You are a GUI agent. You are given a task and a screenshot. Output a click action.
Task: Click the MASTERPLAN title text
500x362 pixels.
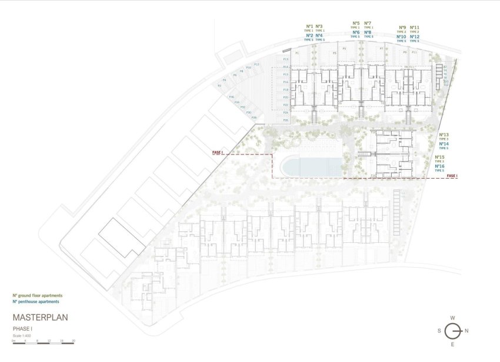click(40, 317)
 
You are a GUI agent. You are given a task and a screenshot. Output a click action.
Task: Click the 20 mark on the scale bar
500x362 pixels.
click(73, 341)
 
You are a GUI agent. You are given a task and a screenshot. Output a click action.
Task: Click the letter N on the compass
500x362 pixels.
click(466, 330)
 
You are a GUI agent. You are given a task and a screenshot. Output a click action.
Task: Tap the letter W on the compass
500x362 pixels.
click(452, 318)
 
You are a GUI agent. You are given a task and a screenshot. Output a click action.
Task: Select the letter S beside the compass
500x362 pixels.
click(439, 330)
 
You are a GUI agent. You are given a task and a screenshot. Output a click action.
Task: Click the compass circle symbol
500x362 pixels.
click(452, 330)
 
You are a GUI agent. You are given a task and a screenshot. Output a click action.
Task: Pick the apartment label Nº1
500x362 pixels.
click(309, 26)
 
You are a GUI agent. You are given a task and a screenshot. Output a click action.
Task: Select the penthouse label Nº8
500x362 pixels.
click(367, 32)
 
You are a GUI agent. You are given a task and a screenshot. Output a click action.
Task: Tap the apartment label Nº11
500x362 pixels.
click(415, 27)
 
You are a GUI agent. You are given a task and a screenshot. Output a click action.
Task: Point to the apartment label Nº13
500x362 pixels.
click(444, 134)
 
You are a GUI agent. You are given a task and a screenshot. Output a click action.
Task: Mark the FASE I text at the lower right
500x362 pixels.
click(452, 176)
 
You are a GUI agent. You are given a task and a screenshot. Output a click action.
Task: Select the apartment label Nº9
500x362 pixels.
click(402, 27)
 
